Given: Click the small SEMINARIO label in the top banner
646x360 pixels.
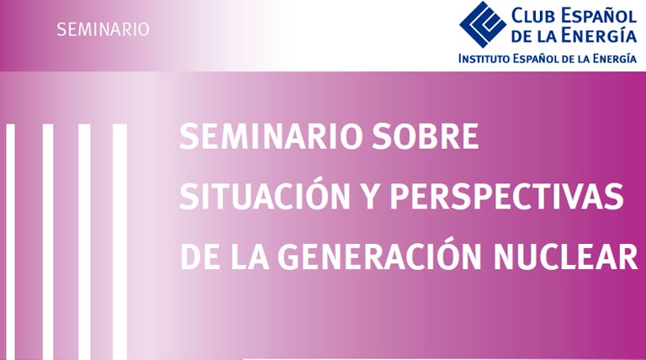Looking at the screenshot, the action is [x=103, y=29].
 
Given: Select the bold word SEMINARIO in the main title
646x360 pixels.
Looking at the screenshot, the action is [x=272, y=136].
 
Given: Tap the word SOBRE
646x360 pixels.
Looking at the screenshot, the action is [x=425, y=136].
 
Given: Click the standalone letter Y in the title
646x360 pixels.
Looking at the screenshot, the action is [x=370, y=197].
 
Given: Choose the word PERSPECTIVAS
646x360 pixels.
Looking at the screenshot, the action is [x=506, y=197].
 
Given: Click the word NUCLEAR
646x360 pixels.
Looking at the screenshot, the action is [x=565, y=257].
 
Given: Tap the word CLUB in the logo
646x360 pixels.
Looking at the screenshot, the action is [x=534, y=16].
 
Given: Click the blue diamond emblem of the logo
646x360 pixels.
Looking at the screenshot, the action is [x=483, y=24].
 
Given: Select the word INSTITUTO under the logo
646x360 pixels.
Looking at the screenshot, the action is [x=484, y=59].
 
